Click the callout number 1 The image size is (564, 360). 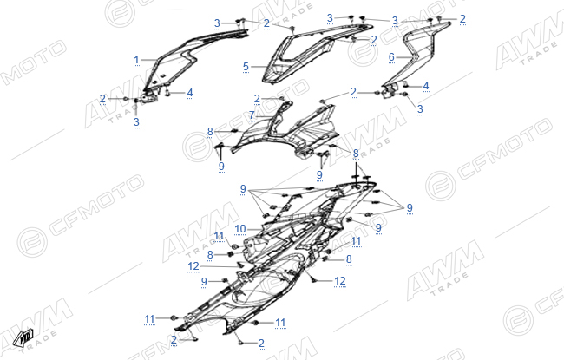pos(136,60)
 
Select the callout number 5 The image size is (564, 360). pos(246,67)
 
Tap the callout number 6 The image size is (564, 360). pos(391,57)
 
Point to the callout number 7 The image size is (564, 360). pos(252,115)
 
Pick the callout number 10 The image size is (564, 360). pos(239,229)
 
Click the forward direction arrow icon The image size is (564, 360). pos(23,338)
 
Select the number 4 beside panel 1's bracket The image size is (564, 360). pos(190,93)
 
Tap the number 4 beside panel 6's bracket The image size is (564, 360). pos(426,86)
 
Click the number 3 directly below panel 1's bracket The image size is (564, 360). pos(136,122)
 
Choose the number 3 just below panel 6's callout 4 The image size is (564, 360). pos(420,109)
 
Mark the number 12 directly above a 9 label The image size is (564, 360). pos(193,266)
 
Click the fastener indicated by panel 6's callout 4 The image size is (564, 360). pos(404,86)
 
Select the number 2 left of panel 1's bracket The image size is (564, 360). pos(103,98)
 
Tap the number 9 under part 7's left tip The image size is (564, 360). pos(221,166)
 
